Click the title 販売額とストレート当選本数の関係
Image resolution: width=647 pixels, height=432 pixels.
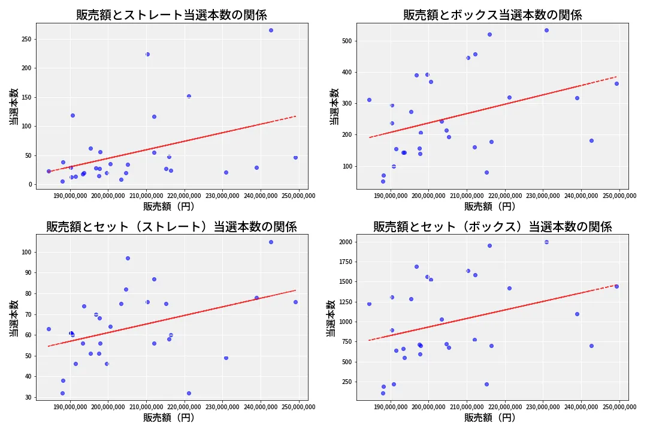coord(171,15)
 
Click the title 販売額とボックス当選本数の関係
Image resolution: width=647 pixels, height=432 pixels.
coord(492,15)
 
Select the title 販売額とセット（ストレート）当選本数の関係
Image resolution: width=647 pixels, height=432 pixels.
coord(171,226)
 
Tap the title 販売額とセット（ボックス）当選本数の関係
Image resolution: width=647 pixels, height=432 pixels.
coord(492,226)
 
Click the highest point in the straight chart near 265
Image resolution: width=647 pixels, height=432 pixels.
coord(271,30)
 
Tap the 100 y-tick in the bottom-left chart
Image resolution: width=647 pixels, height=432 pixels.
coord(26,252)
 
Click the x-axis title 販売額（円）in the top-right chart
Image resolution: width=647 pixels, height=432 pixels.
coord(489,206)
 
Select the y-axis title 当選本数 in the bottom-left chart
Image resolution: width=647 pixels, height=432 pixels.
coord(14,318)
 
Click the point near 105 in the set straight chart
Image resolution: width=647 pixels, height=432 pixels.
coord(271,242)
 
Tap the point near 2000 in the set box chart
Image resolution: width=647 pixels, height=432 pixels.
coord(546,242)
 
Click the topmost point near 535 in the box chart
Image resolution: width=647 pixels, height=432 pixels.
coord(546,30)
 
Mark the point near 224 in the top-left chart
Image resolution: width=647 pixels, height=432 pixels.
coord(147,54)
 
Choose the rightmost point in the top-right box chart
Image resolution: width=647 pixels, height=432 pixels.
coord(616,83)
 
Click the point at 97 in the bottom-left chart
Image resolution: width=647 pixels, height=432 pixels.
coord(128,258)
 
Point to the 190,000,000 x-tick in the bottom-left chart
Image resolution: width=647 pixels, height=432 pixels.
coord(71,407)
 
